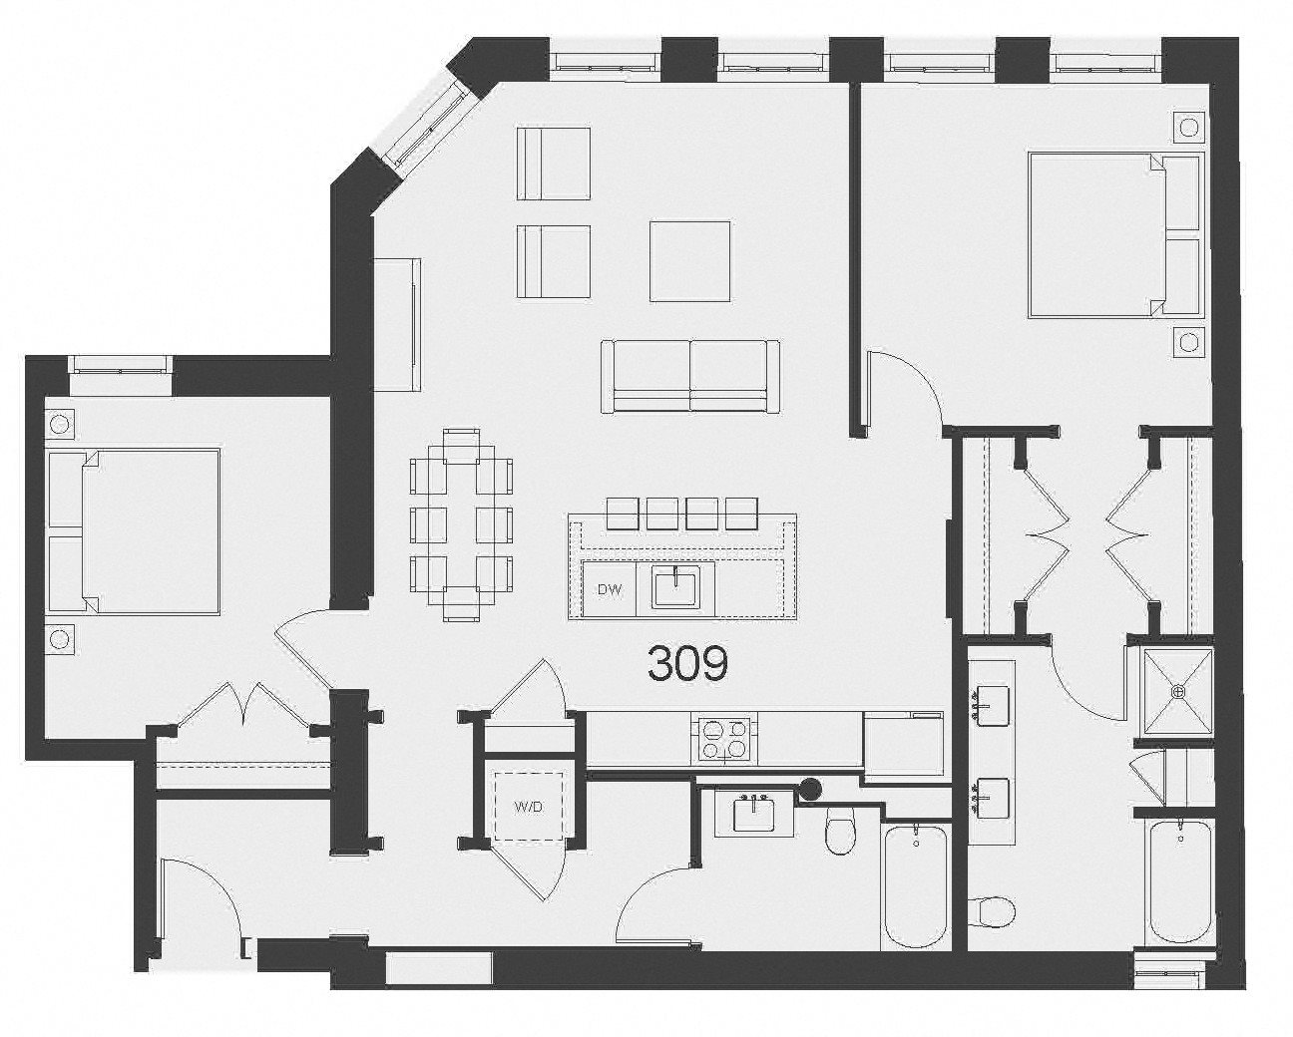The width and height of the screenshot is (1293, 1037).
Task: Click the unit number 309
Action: coord(687,664)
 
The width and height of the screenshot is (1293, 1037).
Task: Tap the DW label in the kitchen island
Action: coord(610,590)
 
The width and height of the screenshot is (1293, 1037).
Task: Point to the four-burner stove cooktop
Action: coord(722,739)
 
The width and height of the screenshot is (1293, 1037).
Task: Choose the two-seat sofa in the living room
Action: coord(689,376)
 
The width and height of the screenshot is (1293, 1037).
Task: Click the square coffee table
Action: coord(689,261)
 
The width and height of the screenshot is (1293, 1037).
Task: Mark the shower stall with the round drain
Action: coord(1177,690)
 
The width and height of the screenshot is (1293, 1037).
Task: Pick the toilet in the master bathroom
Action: coord(992,910)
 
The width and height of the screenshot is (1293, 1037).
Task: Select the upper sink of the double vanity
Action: coord(991,705)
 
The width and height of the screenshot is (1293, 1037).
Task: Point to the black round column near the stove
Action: coord(811,790)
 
